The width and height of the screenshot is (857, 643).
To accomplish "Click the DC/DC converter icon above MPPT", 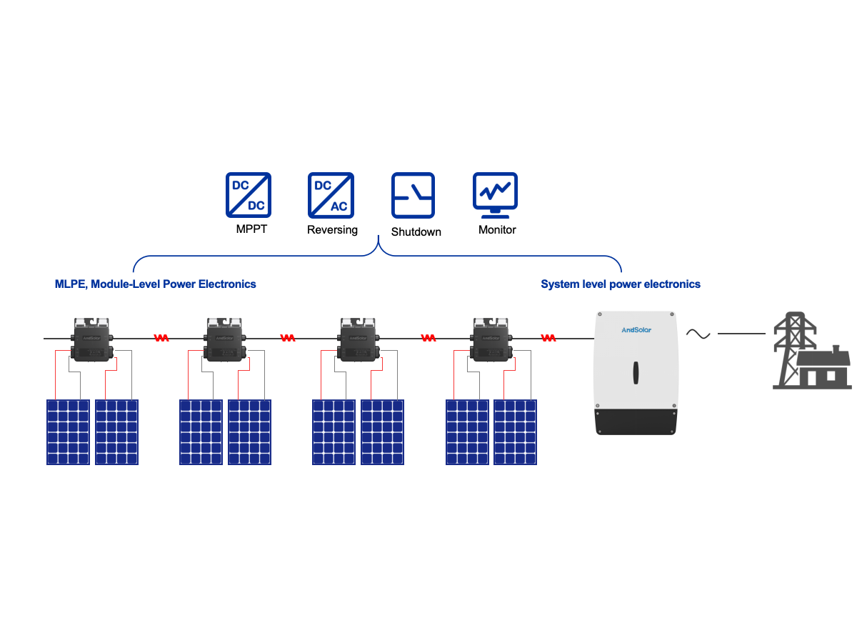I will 249,195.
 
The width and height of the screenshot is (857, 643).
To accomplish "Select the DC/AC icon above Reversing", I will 331,195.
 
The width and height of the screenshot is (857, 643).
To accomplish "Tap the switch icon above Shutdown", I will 413,195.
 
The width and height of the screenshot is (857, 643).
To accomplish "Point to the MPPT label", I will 251,230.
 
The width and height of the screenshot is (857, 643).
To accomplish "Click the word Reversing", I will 332,230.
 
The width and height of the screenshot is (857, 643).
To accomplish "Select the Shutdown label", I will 416,231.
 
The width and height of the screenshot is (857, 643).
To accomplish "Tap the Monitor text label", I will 497,230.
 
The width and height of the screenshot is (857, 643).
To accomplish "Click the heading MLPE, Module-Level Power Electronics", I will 156,284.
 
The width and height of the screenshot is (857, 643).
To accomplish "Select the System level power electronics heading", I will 620,284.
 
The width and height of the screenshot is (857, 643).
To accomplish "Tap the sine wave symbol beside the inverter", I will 698,334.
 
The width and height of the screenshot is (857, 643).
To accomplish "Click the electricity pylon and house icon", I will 813,351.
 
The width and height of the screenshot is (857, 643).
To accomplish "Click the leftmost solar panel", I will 69,432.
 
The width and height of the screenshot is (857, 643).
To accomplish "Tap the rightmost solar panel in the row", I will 515,432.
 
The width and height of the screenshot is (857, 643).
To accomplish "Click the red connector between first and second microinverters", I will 162,338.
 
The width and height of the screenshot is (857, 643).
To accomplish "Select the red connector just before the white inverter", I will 548,338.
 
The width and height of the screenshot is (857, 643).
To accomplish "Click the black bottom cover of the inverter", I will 635,422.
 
